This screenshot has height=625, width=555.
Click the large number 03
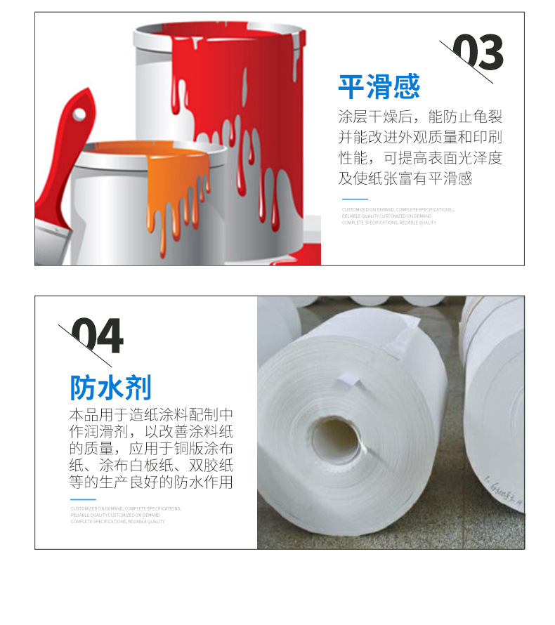pyautogui.click(x=477, y=53)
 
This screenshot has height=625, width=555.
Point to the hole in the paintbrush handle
pyautogui.click(x=79, y=114)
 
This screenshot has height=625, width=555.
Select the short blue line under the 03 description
pyautogui.click(x=349, y=200)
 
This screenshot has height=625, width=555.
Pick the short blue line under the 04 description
pyautogui.click(x=82, y=499)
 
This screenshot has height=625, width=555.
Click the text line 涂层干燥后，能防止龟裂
pyautogui.click(x=420, y=117)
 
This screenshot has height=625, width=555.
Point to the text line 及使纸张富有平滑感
pyautogui.click(x=405, y=178)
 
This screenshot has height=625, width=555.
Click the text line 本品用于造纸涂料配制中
pyautogui.click(x=151, y=414)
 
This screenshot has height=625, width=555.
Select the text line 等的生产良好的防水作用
pyautogui.click(x=151, y=482)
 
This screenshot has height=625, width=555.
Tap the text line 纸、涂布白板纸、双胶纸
pyautogui.click(x=151, y=466)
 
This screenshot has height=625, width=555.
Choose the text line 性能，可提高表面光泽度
pyautogui.click(x=420, y=158)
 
